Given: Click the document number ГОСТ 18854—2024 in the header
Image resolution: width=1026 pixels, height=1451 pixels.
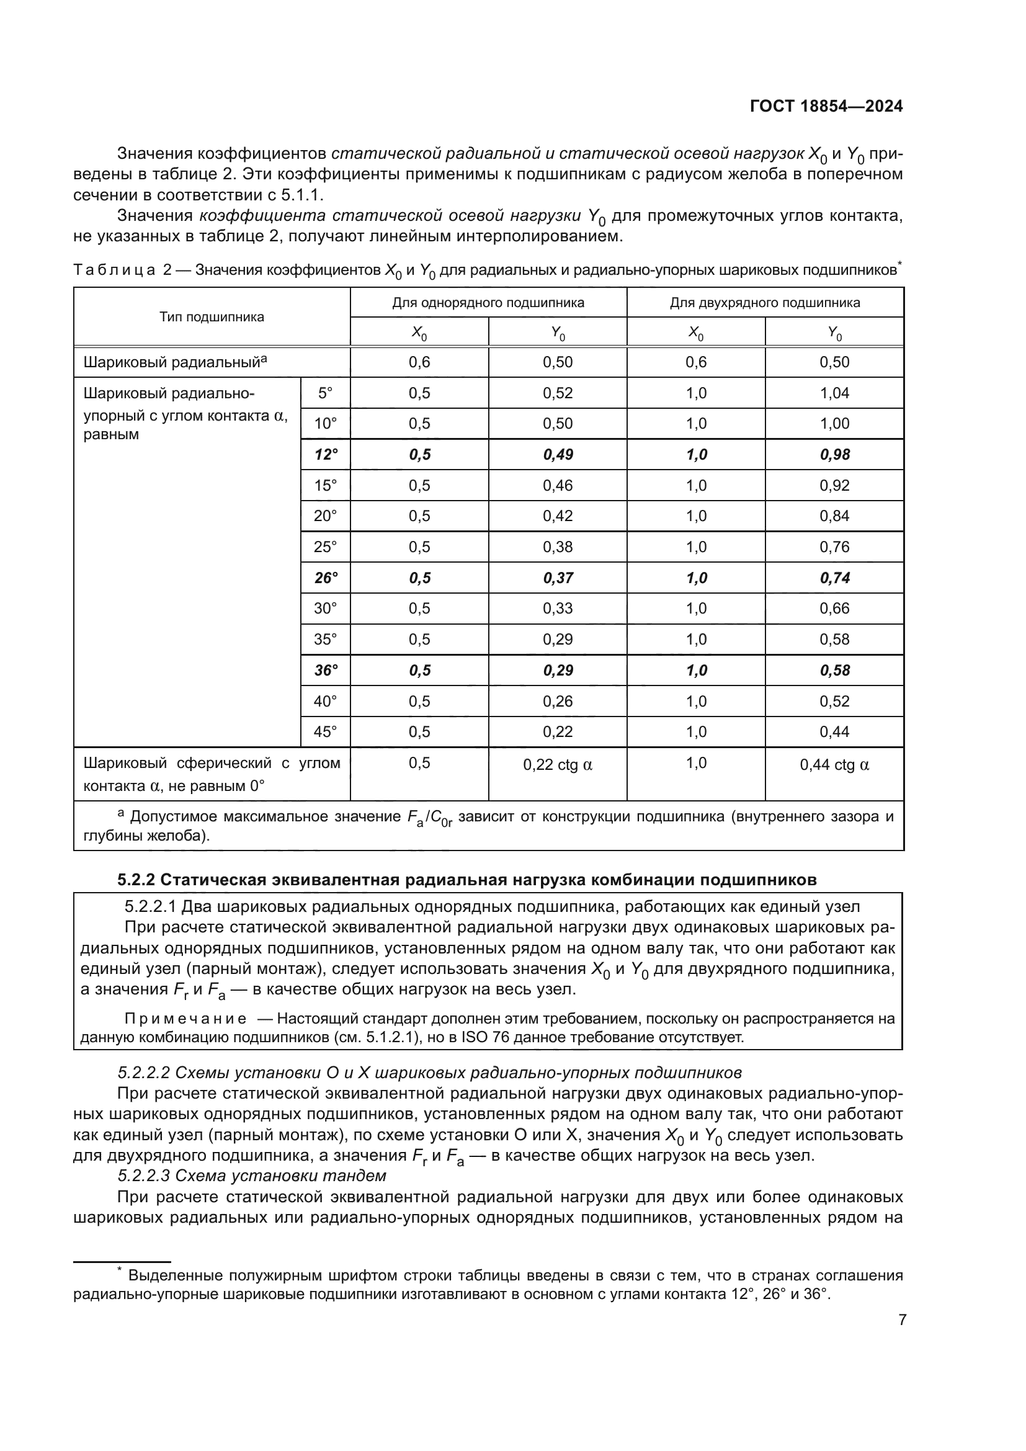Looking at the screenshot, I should pos(826,106).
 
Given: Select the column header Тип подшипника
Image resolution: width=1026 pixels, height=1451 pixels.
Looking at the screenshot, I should pos(212,316).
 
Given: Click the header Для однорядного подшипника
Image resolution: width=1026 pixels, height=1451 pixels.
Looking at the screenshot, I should pos(488,303).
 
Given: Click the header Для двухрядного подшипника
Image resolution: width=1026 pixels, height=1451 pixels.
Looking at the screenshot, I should pos(764,303).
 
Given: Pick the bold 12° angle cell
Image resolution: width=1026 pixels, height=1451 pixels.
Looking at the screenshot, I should pos(326,454).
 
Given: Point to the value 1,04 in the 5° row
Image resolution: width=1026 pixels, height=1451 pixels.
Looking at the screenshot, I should pos(834,393).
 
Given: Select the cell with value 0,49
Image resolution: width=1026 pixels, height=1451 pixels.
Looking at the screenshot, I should pos(557,454).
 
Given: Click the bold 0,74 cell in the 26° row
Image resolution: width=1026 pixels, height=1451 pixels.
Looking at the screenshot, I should pos(834,578).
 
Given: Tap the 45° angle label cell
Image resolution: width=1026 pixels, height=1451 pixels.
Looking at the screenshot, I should pos(326,732).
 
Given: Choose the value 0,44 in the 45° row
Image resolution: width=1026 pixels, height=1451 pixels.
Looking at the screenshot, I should pos(834,732).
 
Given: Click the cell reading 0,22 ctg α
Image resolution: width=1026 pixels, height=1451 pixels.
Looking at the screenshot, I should pos(557,766).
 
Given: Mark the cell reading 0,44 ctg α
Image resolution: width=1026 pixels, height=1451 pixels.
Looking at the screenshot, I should pos(834,766).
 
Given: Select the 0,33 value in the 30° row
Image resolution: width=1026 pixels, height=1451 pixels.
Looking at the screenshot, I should pos(557,609).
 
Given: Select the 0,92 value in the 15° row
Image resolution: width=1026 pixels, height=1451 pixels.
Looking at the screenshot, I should pos(834,485).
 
